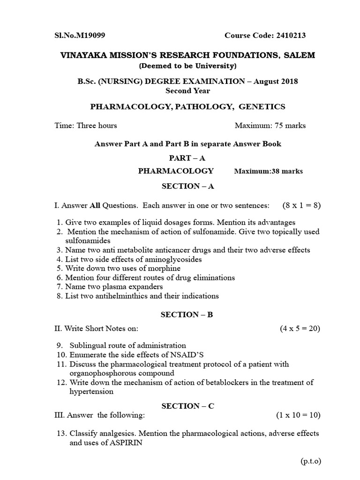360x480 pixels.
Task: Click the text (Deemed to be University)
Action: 187,65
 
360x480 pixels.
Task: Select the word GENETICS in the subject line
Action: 262,106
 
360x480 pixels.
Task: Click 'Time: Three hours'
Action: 86,125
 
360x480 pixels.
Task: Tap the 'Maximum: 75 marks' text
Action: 270,125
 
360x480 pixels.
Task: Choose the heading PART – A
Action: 187,158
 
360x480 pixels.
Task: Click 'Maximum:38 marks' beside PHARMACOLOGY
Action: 268,171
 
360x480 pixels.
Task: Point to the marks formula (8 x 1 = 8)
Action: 301,205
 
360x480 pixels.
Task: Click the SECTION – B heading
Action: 187,315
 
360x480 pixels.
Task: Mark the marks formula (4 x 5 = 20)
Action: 300,329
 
